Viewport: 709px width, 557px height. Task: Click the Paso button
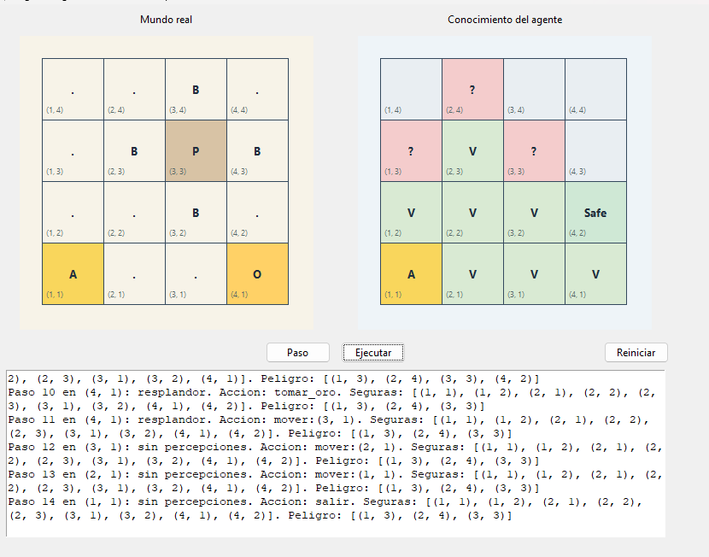tap(298, 353)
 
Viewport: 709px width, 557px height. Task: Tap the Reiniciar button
tap(636, 353)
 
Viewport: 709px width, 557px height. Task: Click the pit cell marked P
tap(196, 151)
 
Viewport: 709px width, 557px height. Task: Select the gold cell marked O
tap(257, 274)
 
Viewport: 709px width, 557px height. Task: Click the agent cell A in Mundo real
tap(73, 274)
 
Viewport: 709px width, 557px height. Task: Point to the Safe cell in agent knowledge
tap(595, 213)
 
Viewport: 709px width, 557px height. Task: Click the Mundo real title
tap(166, 20)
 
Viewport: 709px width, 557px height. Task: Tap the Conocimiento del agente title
tap(505, 20)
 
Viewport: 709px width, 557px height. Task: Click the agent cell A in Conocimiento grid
tap(411, 274)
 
